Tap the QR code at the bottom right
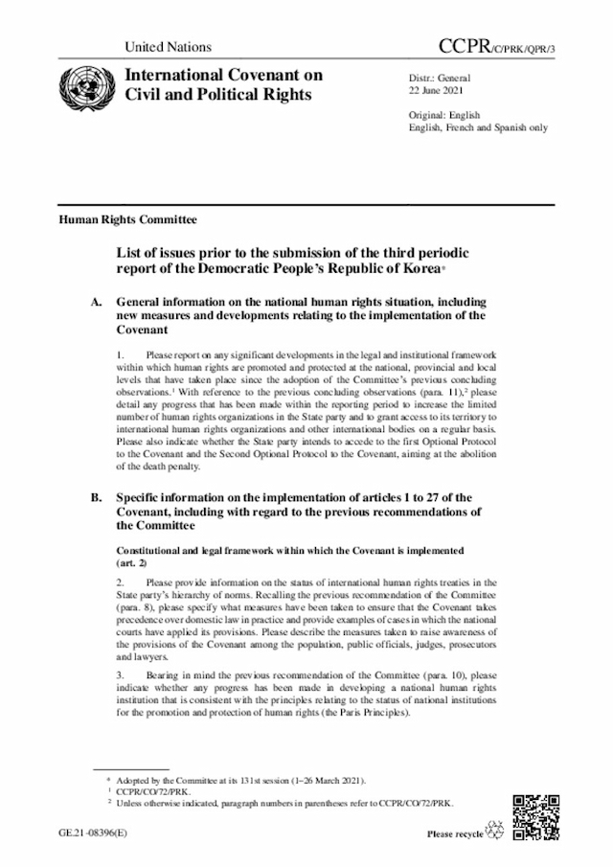(x=536, y=816)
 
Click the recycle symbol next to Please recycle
(x=496, y=831)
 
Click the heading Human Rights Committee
(x=115, y=219)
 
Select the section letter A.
(x=95, y=302)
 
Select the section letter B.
(x=95, y=498)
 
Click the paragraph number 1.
(x=120, y=355)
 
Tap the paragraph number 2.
(x=120, y=582)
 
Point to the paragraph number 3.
(x=120, y=675)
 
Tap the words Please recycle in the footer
(x=455, y=835)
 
